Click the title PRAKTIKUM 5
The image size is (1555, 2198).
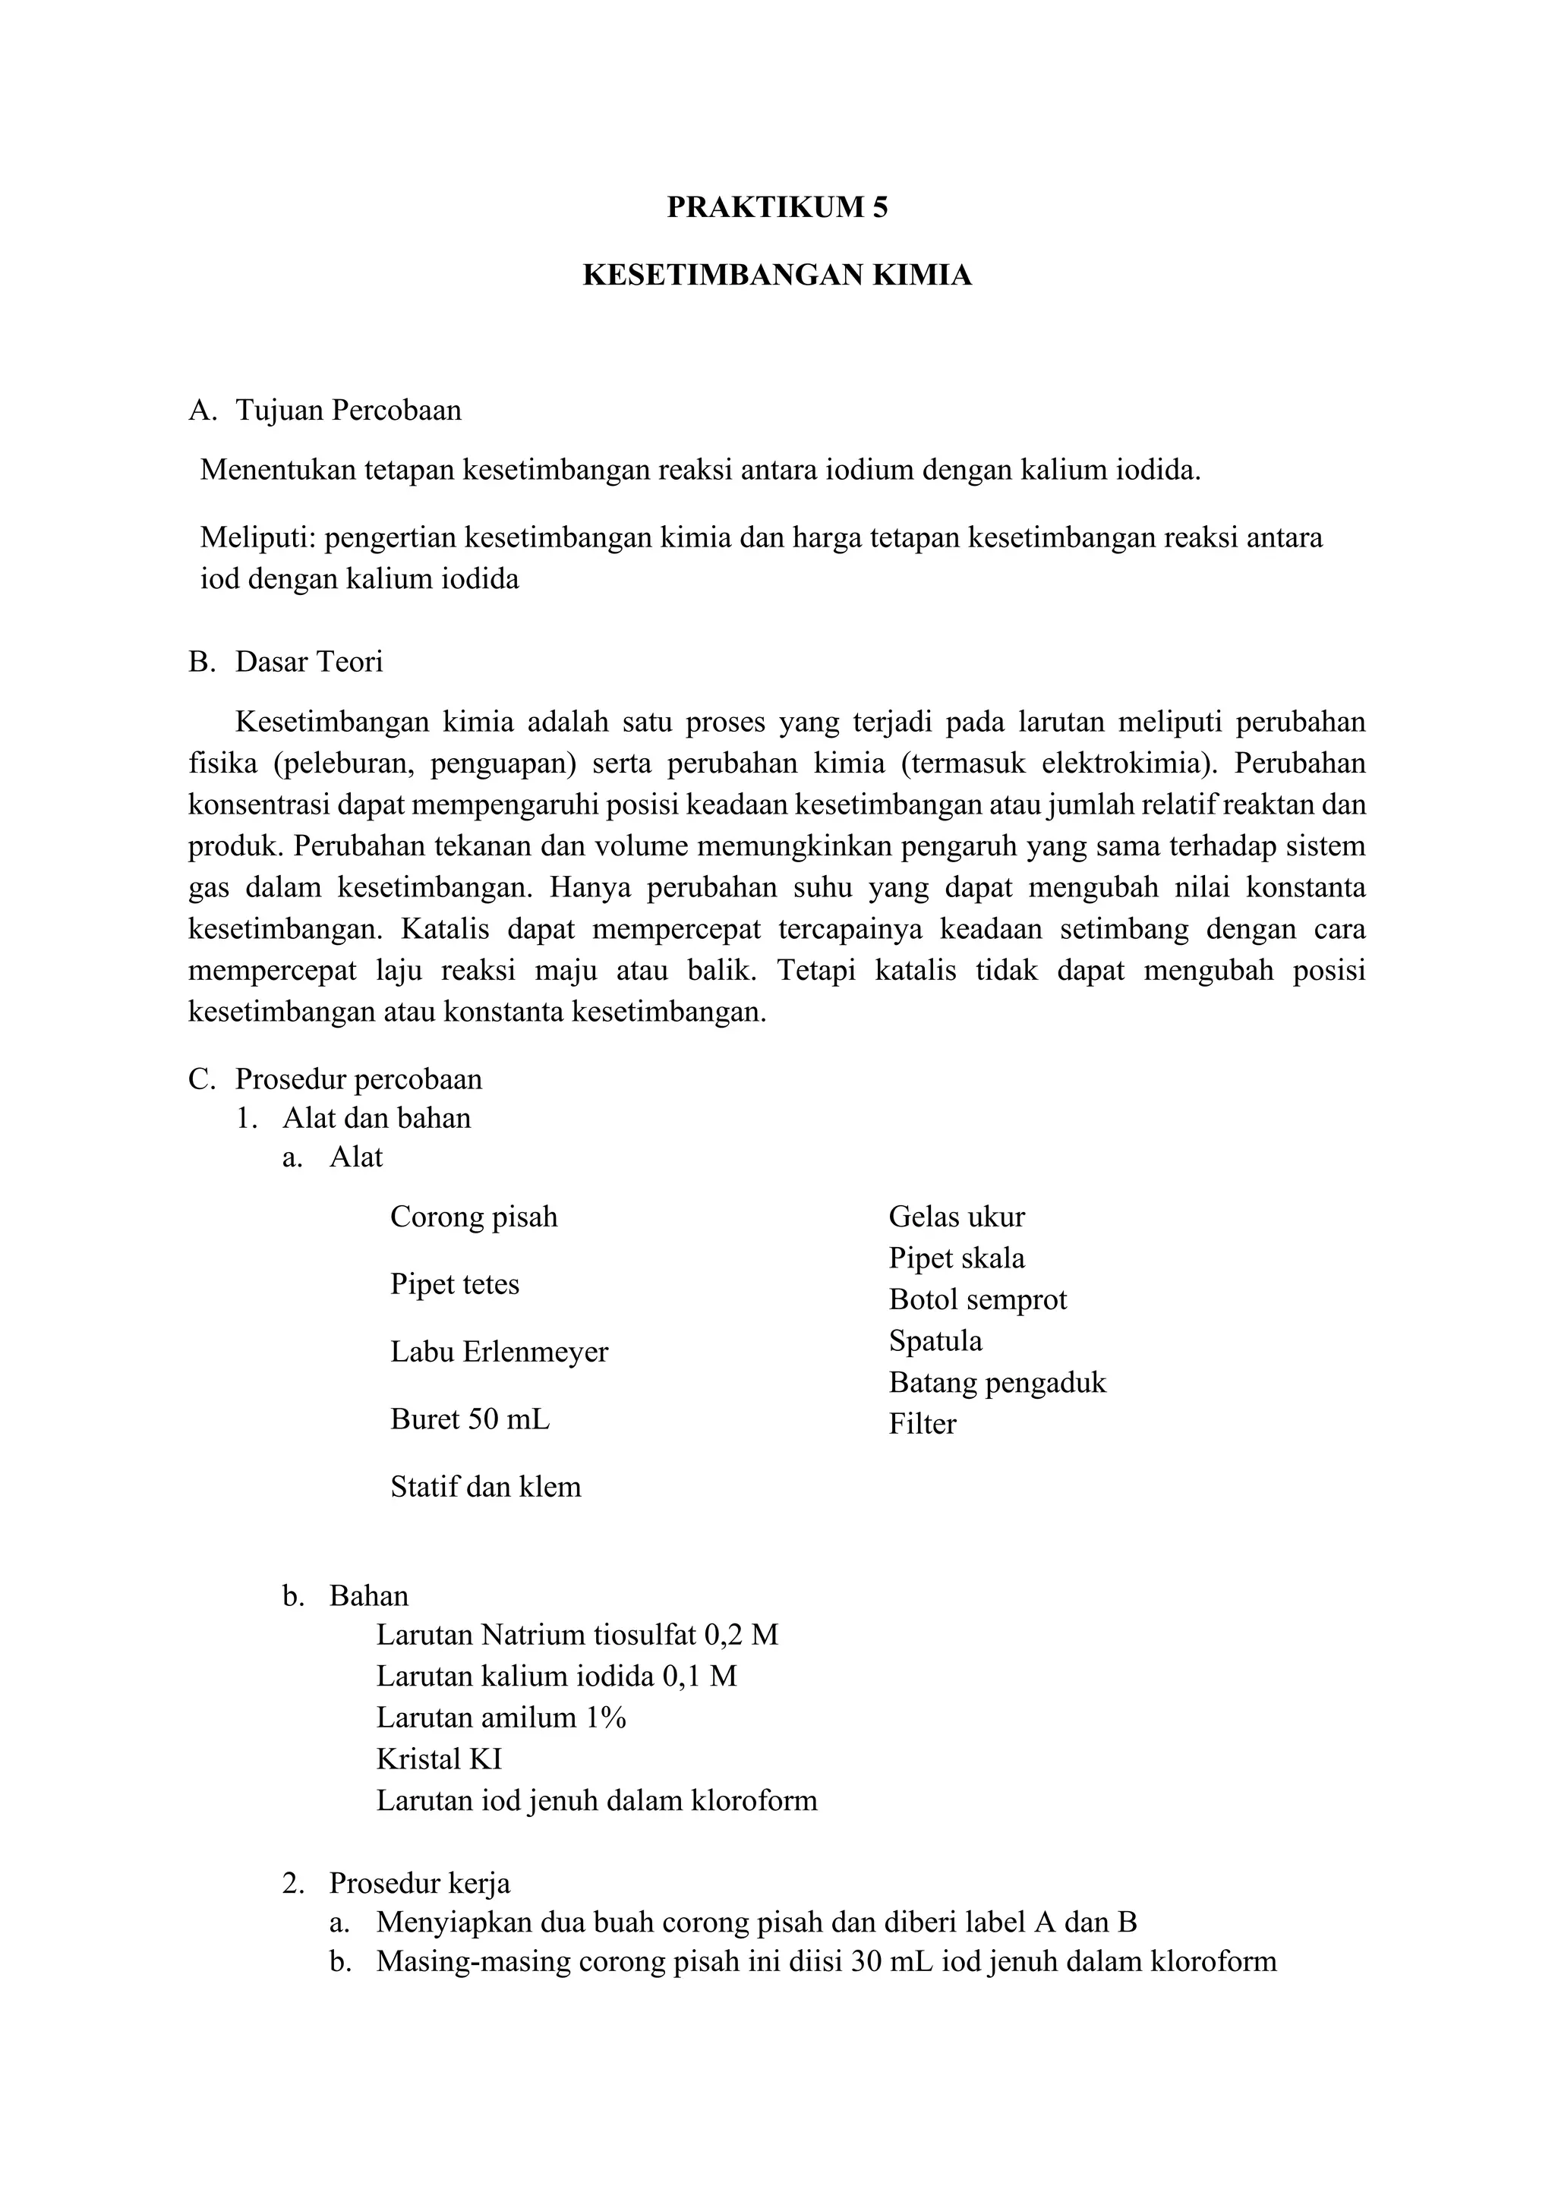(777, 208)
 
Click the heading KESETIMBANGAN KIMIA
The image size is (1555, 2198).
(777, 276)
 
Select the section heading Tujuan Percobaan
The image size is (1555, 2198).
(348, 411)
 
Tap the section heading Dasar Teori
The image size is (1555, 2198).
(308, 662)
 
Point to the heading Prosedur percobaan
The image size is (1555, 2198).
(358, 1079)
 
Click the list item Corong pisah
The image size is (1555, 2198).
(473, 1217)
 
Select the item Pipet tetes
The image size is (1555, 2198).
(454, 1283)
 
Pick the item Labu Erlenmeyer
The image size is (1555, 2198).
(499, 1352)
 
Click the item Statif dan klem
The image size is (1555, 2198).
(485, 1487)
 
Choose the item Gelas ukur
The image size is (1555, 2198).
(956, 1217)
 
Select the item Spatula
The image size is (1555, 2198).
(935, 1340)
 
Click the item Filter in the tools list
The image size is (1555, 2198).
(921, 1424)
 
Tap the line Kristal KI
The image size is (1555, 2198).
(439, 1759)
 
